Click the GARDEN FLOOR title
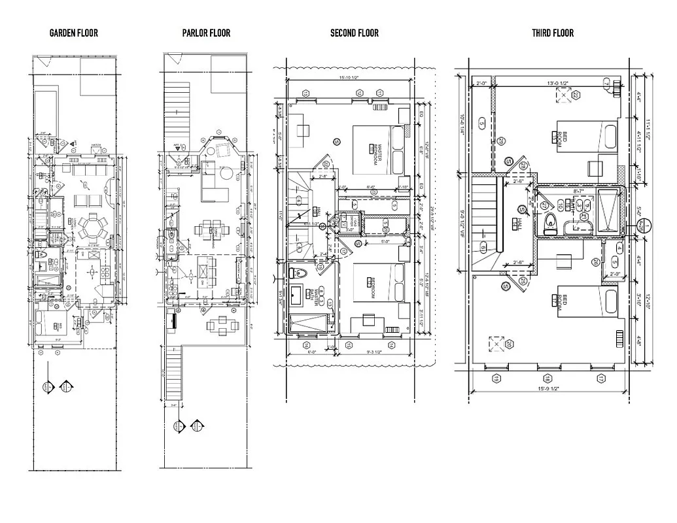point(73,33)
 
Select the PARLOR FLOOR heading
point(206,33)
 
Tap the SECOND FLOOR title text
point(354,33)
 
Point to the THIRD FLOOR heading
point(552,33)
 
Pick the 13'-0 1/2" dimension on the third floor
point(554,83)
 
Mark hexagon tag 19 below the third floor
point(496,379)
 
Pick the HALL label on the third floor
point(515,223)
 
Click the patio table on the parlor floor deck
point(214,325)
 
